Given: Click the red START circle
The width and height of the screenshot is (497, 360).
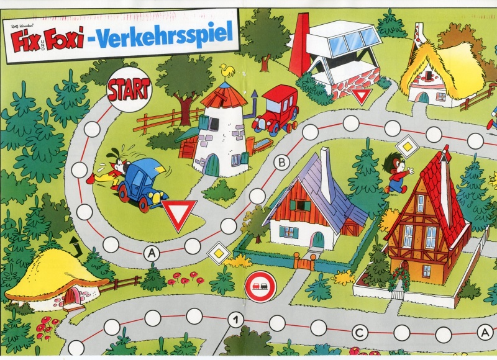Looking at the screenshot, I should (x=129, y=90).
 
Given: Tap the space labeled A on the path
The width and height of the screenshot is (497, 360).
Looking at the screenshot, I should (x=151, y=253).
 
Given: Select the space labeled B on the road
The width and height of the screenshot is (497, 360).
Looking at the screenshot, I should (x=281, y=163).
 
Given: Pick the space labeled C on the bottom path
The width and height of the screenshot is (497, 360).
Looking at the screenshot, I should (x=360, y=333).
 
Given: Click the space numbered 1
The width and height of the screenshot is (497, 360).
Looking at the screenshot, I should (x=235, y=321).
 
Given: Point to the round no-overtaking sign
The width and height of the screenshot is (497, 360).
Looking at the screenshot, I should (x=260, y=286).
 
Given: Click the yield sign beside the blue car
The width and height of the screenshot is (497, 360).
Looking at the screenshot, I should (x=179, y=213).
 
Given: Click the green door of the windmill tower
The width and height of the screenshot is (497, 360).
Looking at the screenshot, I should (x=212, y=166).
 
